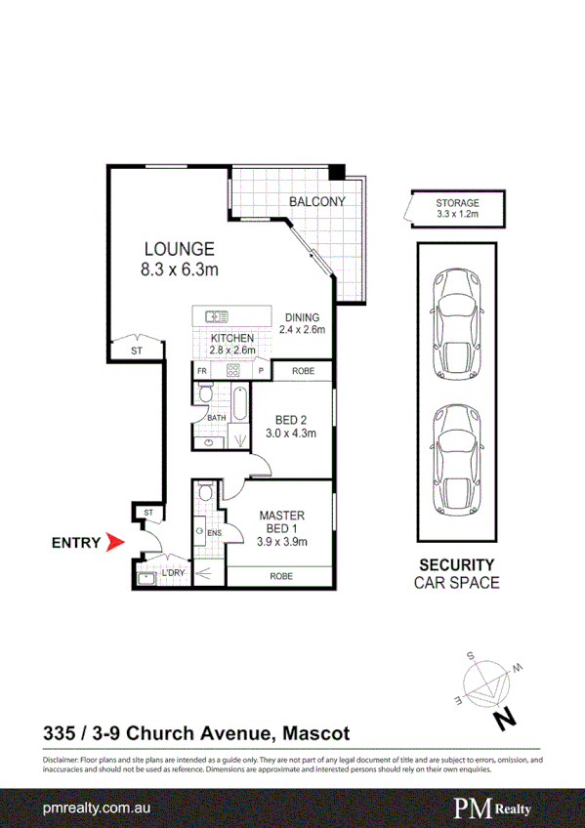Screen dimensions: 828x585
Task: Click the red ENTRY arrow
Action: pos(115,542)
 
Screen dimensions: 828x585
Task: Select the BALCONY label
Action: pos(316,202)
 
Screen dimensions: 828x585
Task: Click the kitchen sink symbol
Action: pos(217,315)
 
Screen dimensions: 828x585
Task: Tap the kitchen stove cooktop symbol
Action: pos(232,371)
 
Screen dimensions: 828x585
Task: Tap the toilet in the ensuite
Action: pos(202,496)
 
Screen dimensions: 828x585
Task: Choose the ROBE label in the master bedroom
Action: pos(281,576)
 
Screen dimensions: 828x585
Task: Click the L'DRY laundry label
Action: pos(174,573)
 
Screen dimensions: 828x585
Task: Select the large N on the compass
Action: pos(504,720)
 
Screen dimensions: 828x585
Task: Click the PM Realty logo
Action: pos(499,808)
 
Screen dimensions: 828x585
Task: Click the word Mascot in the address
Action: pos(313,731)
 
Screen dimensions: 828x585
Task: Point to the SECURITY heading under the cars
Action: pos(457,564)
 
